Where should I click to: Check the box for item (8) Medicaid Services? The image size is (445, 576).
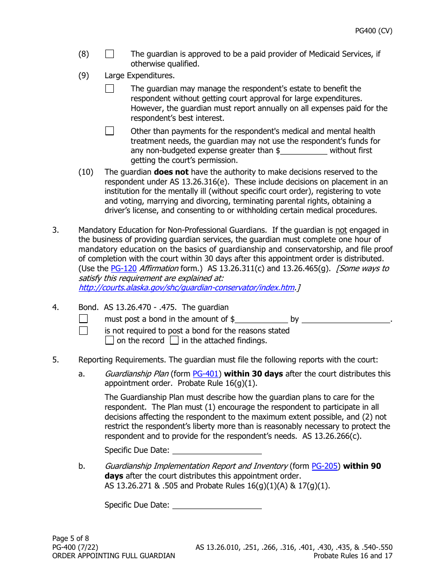click(x=110, y=54)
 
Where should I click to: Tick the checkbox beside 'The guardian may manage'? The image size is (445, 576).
click(x=110, y=89)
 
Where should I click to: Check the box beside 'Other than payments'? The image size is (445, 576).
click(x=110, y=132)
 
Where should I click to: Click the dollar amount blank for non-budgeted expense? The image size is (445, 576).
click(x=304, y=151)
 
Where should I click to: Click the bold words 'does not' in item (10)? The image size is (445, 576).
click(x=171, y=172)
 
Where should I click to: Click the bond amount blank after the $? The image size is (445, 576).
click(x=261, y=319)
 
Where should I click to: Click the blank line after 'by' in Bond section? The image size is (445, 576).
click(x=346, y=319)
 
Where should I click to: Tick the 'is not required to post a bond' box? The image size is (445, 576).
click(x=83, y=331)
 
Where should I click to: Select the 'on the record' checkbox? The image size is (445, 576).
click(x=110, y=341)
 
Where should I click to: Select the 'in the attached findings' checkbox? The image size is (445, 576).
click(x=174, y=341)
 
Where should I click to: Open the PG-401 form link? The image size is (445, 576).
click(x=206, y=374)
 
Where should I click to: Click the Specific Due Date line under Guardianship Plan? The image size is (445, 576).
click(x=217, y=450)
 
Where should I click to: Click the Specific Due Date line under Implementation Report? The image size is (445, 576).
click(x=217, y=505)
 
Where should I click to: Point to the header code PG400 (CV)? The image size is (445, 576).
click(x=373, y=31)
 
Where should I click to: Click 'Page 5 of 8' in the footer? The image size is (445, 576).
click(x=71, y=539)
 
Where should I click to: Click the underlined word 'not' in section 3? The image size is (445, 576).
click(x=341, y=230)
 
